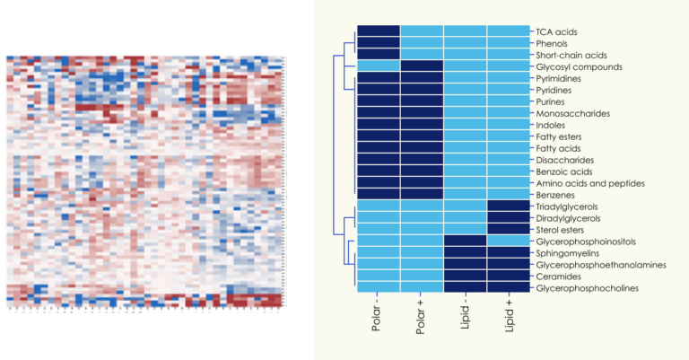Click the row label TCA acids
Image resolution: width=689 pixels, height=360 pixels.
point(557,31)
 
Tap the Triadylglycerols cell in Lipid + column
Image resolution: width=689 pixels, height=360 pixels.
point(509,206)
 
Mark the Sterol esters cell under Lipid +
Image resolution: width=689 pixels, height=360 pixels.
point(509,230)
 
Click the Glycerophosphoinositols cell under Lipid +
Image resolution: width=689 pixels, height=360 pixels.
point(509,241)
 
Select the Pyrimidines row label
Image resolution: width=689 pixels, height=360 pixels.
point(563,78)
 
